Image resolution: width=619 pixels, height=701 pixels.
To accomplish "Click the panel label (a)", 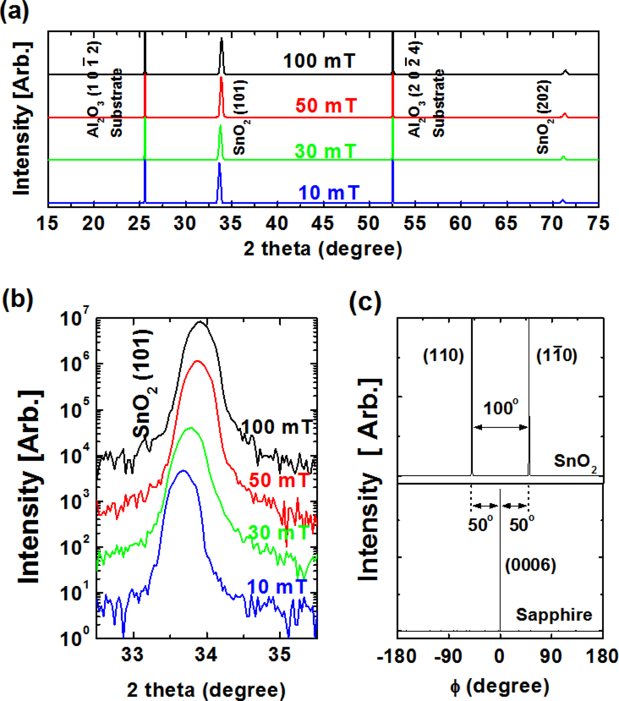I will point(15,11).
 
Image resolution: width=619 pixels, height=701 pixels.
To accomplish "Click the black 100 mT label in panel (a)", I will point(319,61).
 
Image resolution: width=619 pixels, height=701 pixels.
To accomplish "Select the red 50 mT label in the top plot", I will point(326,106).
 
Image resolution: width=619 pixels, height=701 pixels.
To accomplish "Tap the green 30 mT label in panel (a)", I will point(325,152).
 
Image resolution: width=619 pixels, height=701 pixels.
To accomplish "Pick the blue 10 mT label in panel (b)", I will point(277,587).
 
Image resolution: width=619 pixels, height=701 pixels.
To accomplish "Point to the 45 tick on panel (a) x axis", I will point(322,224).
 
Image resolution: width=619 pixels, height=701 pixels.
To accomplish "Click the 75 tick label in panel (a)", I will point(598,224).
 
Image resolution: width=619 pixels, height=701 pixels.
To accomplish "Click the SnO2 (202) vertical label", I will point(543,117).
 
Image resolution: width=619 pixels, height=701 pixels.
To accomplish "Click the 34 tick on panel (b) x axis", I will point(206,654).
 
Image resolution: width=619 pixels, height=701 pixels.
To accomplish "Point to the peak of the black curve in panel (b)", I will point(200,322).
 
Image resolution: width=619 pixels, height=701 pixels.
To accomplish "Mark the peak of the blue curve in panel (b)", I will point(183,471).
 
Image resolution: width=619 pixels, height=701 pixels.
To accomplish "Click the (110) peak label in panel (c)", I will point(443,355).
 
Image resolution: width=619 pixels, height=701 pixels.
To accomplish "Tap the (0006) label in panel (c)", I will point(530,565).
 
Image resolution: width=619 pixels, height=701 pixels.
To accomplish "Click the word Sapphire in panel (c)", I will point(554,615).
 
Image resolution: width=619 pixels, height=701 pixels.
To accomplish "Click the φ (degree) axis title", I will point(500,686).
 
